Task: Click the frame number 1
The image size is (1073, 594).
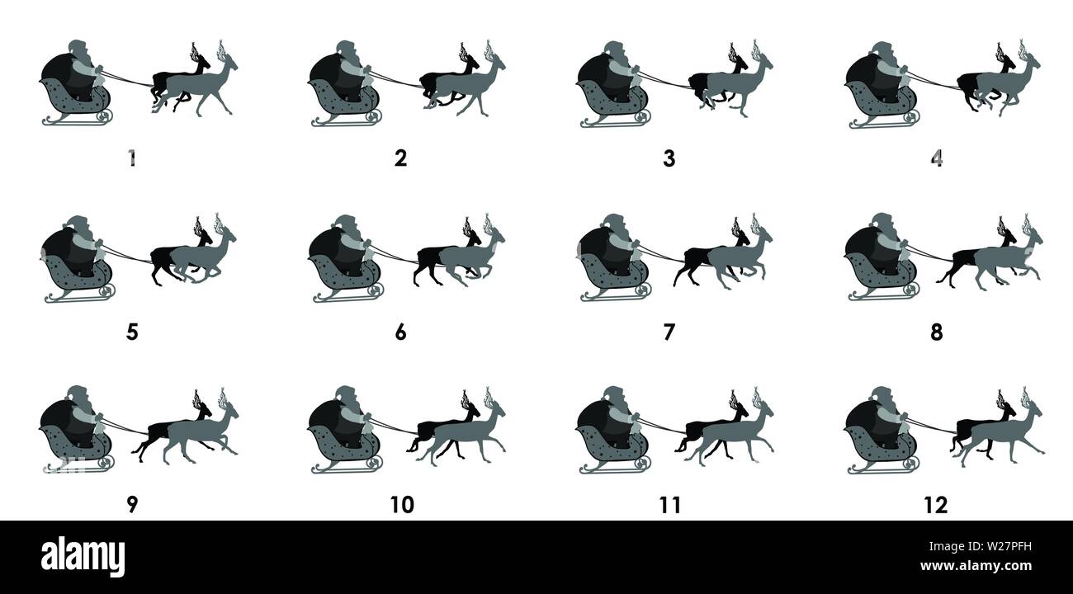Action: [132, 158]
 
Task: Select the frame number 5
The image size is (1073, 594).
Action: [132, 332]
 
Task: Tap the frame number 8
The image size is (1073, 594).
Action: [937, 332]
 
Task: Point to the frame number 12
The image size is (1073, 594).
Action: [937, 505]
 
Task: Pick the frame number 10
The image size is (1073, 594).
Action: [401, 505]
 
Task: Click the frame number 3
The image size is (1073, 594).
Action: [669, 158]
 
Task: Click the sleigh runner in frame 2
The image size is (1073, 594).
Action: [347, 121]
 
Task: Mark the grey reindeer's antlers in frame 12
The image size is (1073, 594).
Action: [1027, 393]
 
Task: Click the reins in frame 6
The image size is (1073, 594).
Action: [396, 255]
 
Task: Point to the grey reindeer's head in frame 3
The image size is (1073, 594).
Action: [763, 63]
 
